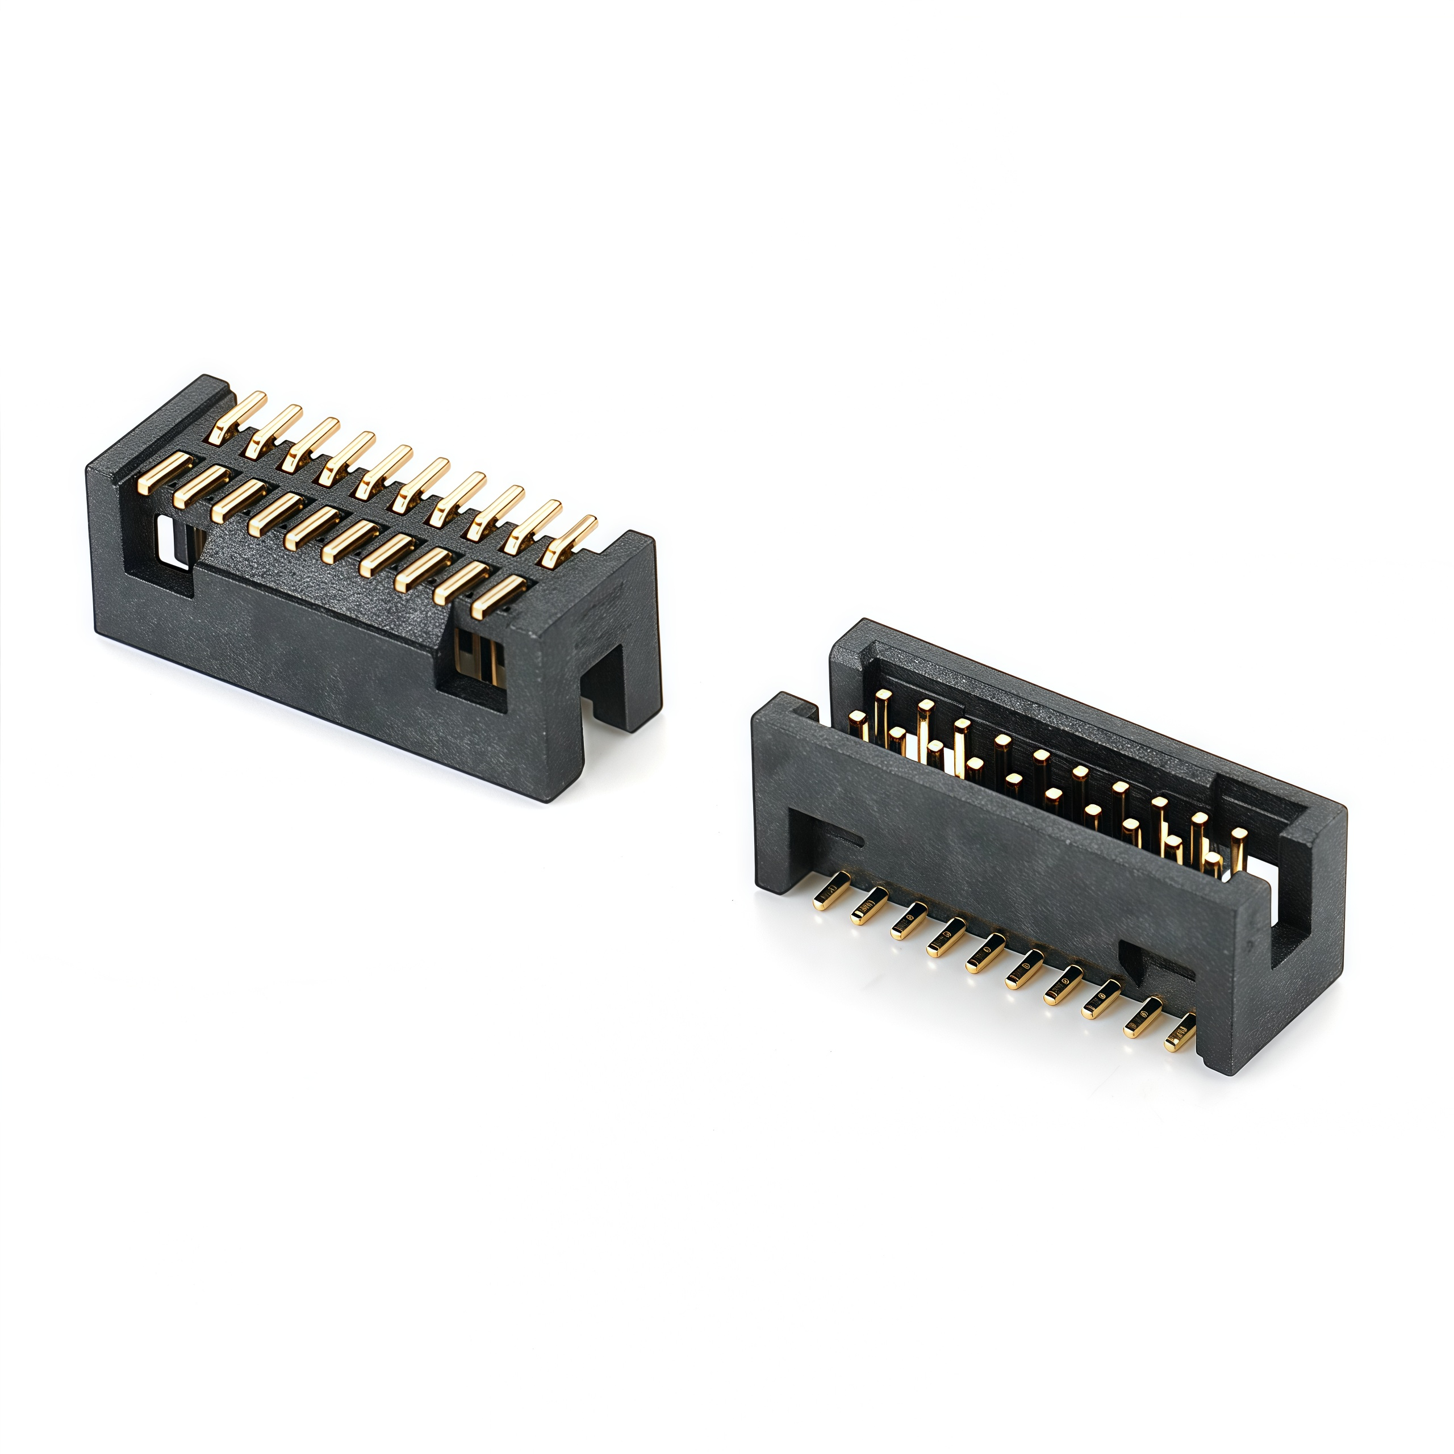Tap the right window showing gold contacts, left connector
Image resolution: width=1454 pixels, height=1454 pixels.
point(477,655)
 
